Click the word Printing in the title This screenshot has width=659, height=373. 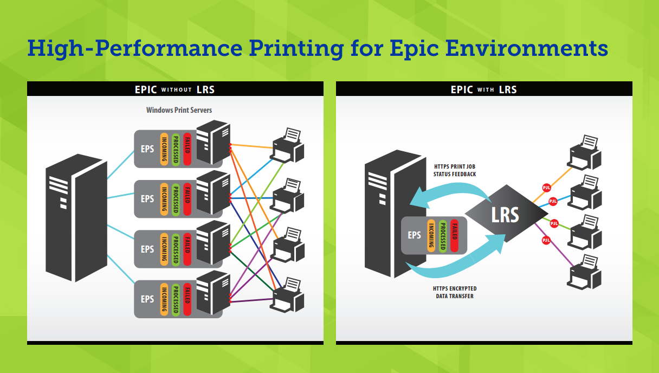[x=295, y=49]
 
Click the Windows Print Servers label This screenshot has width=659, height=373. [x=179, y=110]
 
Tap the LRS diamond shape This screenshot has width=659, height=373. [x=505, y=215]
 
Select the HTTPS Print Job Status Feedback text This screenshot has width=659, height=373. [x=455, y=170]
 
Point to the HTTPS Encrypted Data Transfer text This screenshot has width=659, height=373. [x=455, y=292]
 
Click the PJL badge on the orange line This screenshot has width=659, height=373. [x=547, y=188]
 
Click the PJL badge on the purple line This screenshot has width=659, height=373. [x=546, y=240]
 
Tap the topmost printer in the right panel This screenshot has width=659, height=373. [x=584, y=152]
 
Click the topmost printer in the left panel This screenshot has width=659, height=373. [x=288, y=145]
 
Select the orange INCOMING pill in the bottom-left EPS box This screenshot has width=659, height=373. [x=164, y=298]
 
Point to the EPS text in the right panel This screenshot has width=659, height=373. [x=414, y=235]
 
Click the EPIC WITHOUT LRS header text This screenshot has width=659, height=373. [x=175, y=89]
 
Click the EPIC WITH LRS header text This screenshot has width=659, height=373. [x=484, y=89]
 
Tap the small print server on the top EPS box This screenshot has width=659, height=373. [x=212, y=142]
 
